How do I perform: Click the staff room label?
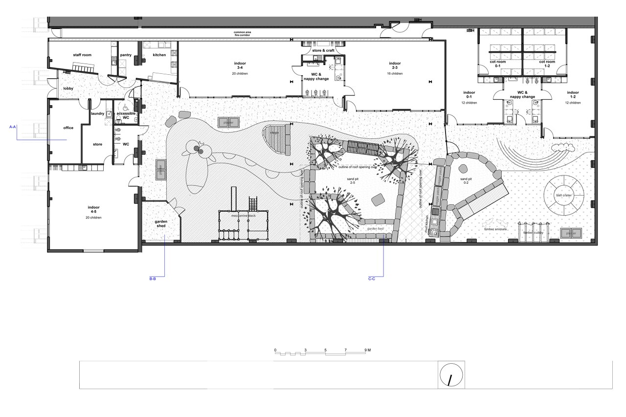82,55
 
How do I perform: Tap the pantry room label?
126,55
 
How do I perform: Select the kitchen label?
159,55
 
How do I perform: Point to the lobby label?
68,88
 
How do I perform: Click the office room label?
68,128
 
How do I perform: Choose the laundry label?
97,114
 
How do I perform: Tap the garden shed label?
161,223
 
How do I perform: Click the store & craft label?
323,50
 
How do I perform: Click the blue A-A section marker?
13,127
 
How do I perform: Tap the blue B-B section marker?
153,279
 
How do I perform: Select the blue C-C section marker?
372,279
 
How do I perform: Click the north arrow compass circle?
451,375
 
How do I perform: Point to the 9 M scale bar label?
368,350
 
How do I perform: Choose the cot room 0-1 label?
498,64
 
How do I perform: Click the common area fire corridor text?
245,34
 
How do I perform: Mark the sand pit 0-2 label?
466,181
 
